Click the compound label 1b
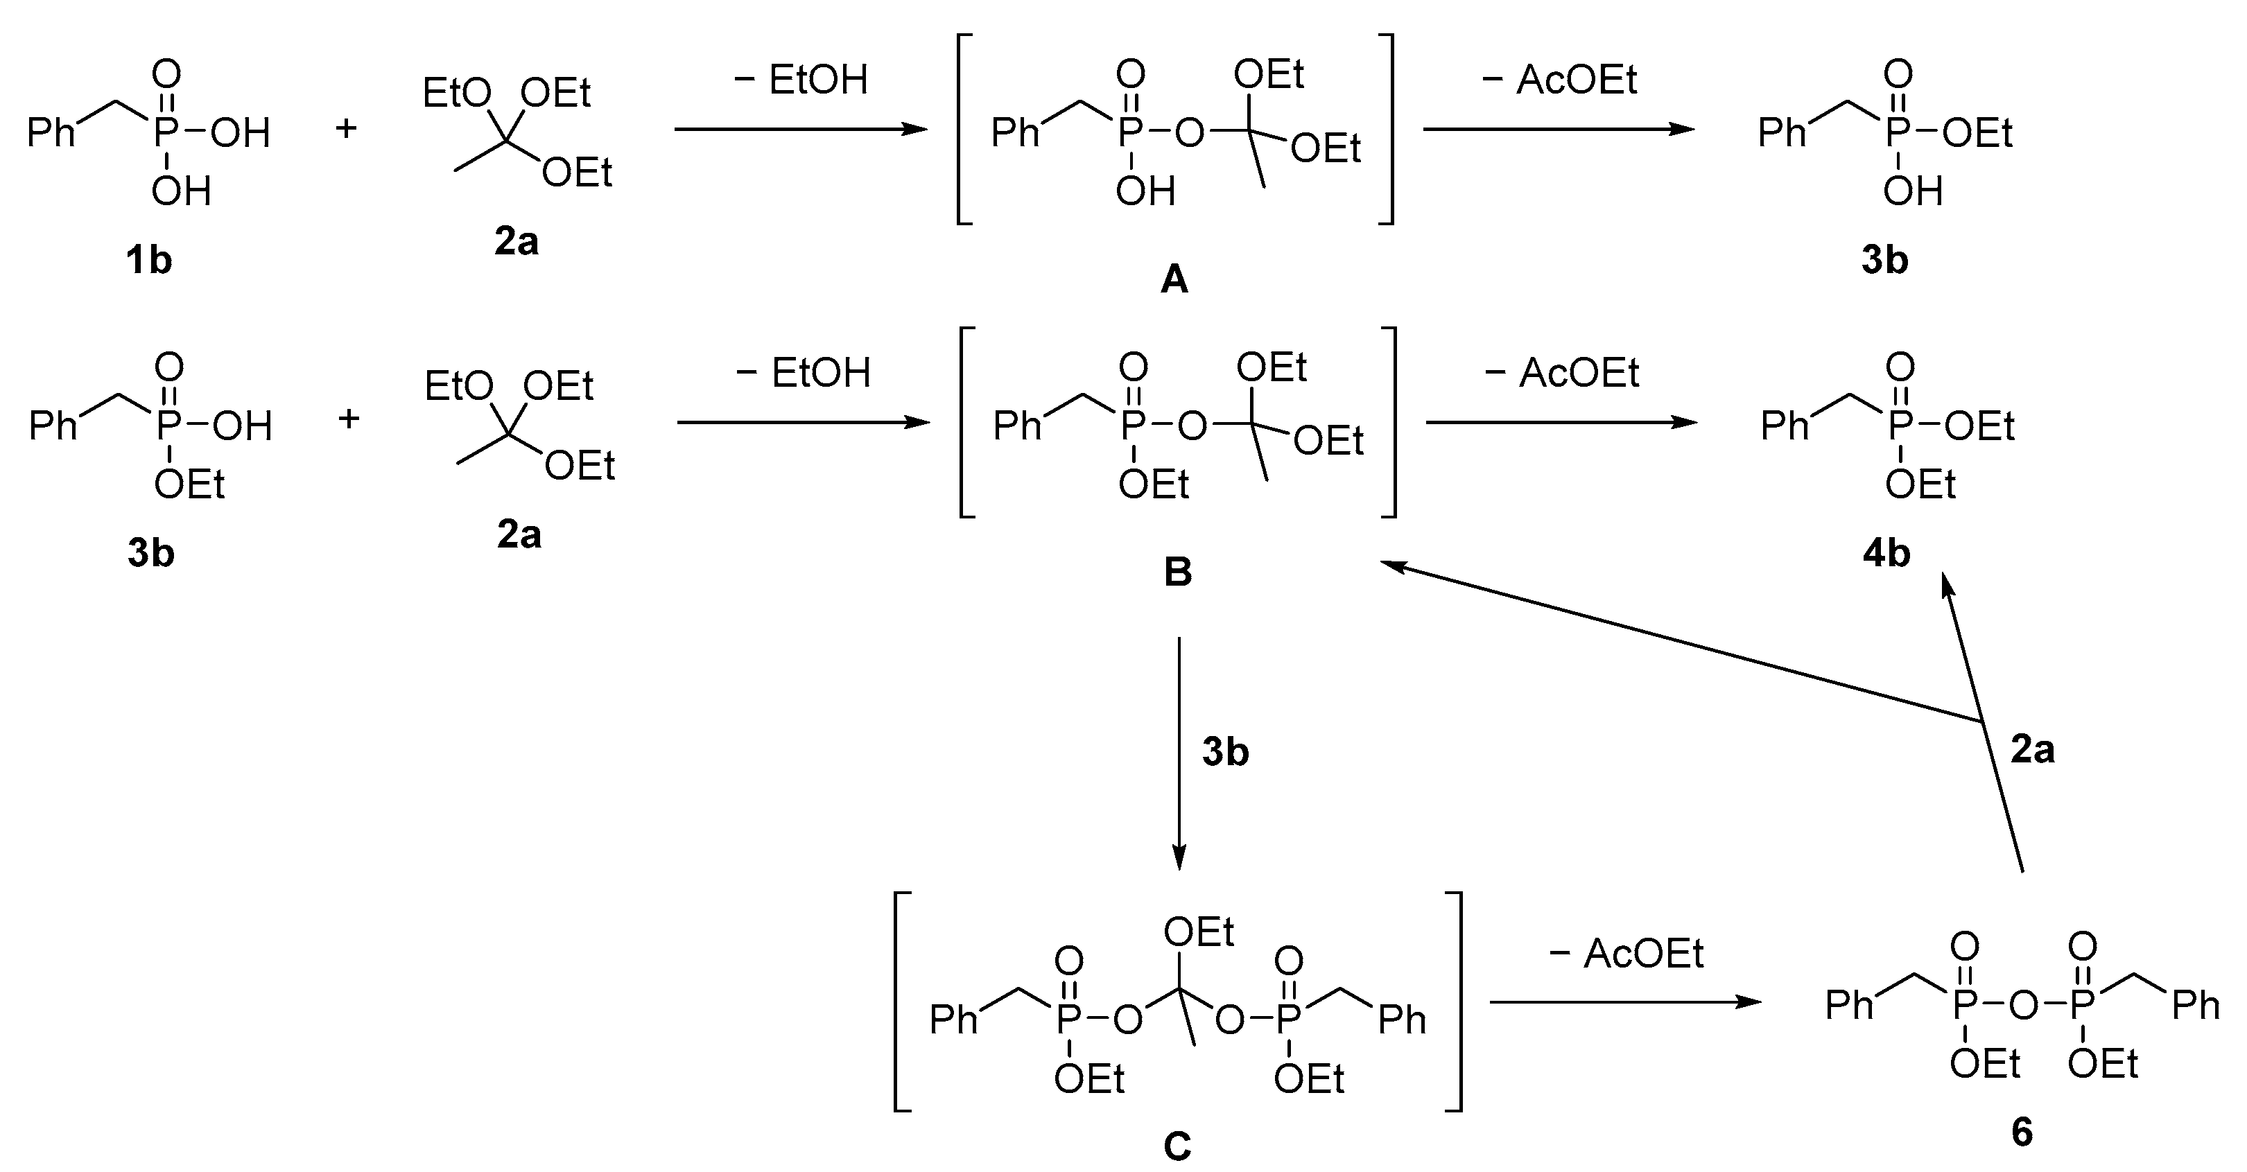click(x=148, y=260)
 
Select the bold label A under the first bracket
click(x=1174, y=280)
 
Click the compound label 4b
click(x=1886, y=553)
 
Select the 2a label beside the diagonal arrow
click(x=2032, y=749)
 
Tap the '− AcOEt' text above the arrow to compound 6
click(x=1626, y=953)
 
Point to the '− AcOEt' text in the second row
click(x=1561, y=374)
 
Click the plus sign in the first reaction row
click(x=346, y=129)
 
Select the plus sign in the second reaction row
click(x=349, y=419)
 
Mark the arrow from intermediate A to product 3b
click(x=1558, y=129)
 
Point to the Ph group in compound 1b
click(x=51, y=132)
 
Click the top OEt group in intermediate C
click(x=1199, y=932)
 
